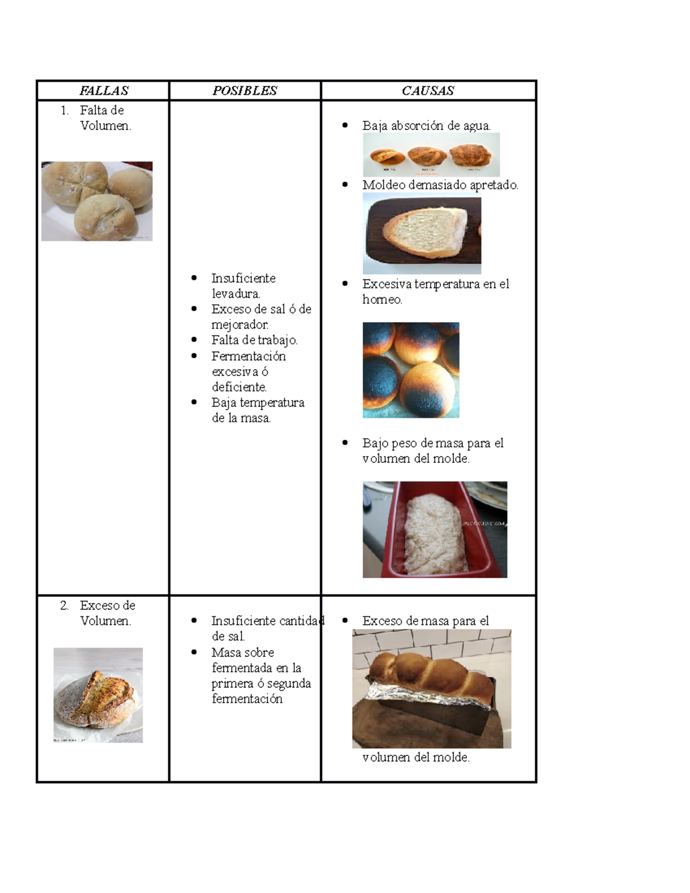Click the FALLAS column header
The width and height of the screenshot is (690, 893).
(104, 90)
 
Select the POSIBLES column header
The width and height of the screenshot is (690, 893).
(244, 90)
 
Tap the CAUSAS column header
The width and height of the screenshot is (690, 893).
(428, 90)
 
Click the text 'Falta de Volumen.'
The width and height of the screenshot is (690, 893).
(106, 118)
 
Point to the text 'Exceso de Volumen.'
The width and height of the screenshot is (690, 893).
(108, 613)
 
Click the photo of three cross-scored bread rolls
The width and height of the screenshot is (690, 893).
(97, 201)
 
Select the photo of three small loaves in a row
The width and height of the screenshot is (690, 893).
(431, 155)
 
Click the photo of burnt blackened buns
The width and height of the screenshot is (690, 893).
(411, 370)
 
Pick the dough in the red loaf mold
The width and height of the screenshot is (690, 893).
(436, 534)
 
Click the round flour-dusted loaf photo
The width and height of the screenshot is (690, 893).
(98, 695)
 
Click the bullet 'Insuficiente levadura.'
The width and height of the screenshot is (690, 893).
(243, 286)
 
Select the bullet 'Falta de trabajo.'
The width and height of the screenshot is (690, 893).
(254, 340)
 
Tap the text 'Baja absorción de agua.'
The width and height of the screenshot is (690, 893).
(427, 126)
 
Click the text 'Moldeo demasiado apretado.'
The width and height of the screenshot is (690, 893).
(440, 185)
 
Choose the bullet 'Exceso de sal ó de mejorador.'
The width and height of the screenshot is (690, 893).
(262, 317)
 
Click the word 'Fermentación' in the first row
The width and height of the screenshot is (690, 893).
(248, 356)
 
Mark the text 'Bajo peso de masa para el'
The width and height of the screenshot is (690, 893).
(433, 443)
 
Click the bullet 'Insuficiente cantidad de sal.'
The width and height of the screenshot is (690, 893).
(267, 628)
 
